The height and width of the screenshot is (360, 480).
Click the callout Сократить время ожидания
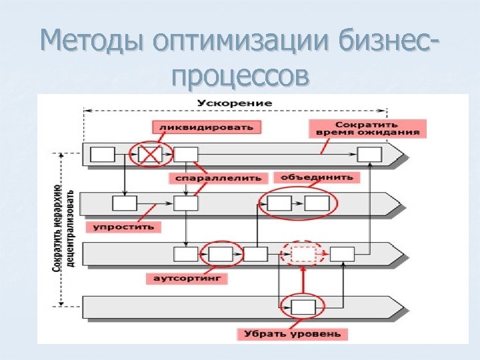click(x=367, y=128)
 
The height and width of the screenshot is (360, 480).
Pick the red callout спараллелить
click(x=218, y=178)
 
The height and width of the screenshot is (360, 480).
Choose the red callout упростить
click(x=123, y=227)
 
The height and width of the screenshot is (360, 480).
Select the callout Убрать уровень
click(x=291, y=333)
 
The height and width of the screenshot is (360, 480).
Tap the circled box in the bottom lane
click(x=303, y=307)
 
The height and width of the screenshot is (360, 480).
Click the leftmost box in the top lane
click(x=102, y=155)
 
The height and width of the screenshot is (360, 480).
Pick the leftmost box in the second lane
click(x=125, y=203)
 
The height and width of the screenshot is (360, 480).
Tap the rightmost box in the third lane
click(x=342, y=254)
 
